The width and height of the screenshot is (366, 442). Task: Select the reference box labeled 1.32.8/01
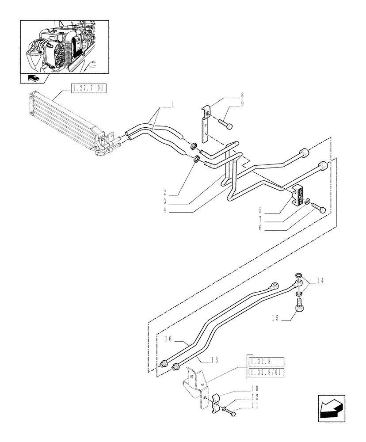point(266,372)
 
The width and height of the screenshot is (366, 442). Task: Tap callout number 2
point(164,193)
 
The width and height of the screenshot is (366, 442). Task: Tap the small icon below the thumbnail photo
point(34,79)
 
